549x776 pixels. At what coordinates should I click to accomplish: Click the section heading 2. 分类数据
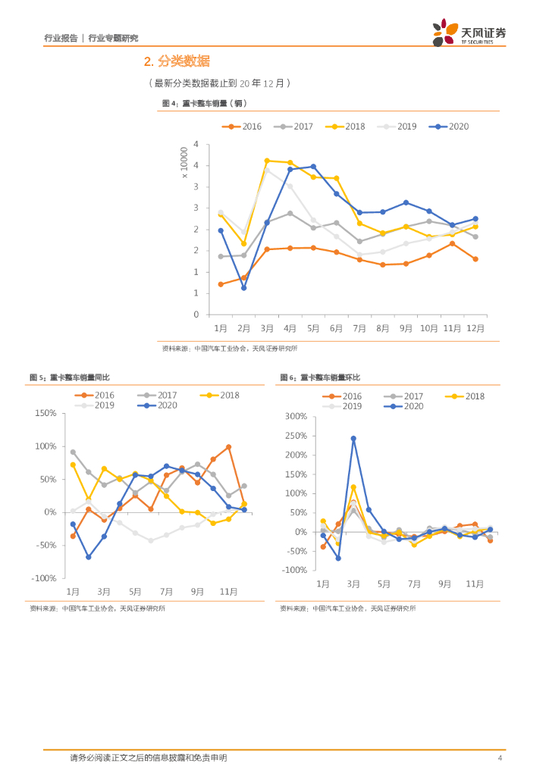177,61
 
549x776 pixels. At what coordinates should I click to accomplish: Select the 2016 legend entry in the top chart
242,127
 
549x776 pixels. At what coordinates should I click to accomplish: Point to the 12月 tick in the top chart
475,328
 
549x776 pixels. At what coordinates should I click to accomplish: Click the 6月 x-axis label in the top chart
337,328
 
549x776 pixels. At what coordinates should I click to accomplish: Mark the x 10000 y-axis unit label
184,164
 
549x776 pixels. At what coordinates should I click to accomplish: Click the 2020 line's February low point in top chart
243,288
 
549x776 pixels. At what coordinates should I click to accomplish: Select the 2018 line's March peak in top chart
267,161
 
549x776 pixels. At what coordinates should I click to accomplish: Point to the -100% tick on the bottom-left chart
45,578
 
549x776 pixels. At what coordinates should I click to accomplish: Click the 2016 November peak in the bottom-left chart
228,447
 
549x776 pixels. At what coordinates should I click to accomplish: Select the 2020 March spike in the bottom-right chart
353,438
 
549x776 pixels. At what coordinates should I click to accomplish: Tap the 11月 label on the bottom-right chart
475,584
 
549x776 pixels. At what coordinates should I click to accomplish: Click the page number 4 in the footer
499,758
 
